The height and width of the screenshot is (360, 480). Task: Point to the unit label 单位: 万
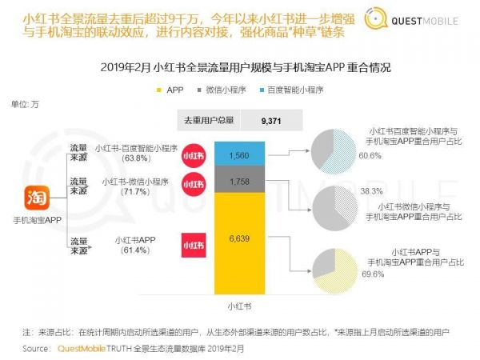pyautogui.click(x=24, y=105)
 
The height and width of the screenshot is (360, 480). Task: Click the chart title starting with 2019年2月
pyautogui.click(x=240, y=68)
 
